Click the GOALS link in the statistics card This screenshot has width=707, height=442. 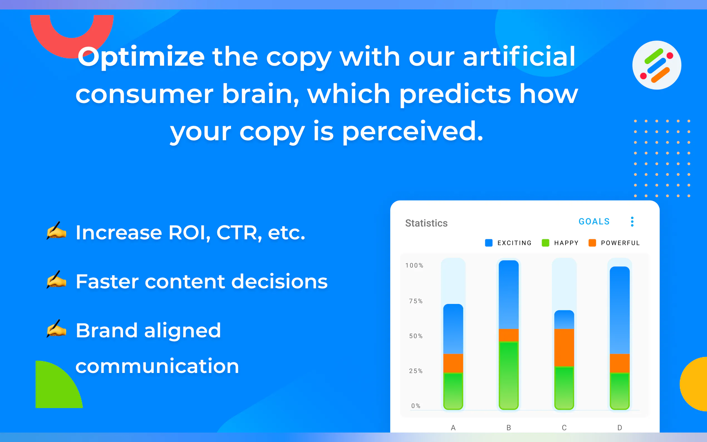click(594, 221)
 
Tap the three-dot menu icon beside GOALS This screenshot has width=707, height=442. click(632, 222)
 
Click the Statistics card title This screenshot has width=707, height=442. click(426, 223)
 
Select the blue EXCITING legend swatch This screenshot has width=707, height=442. click(489, 243)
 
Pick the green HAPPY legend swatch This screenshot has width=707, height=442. click(545, 243)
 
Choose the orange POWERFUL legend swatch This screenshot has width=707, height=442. click(592, 243)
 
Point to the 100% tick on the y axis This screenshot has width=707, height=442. click(414, 266)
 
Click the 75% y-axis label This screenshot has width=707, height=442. click(416, 301)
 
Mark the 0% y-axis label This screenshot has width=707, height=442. click(416, 406)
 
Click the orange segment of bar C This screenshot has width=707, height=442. click(564, 348)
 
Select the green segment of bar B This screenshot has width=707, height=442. click(509, 375)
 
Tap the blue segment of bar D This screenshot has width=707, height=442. click(620, 310)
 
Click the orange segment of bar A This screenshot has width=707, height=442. click(453, 363)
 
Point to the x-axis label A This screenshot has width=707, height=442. click(453, 428)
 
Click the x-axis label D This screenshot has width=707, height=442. click(620, 428)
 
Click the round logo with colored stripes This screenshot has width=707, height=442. click(657, 65)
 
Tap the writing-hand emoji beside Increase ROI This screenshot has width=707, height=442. click(56, 231)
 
